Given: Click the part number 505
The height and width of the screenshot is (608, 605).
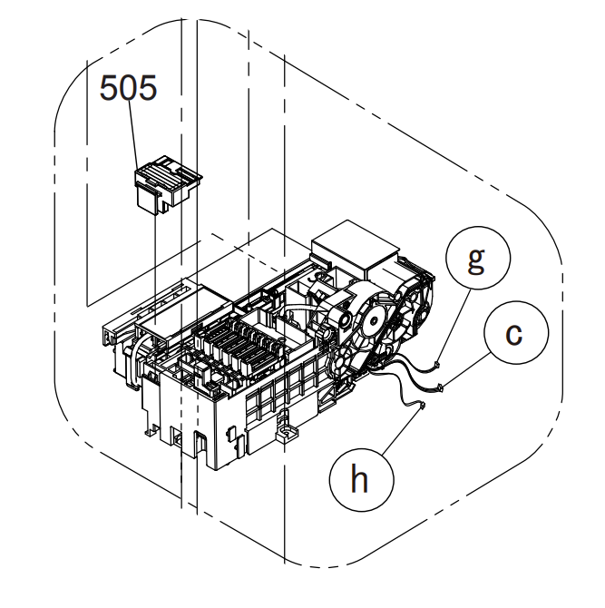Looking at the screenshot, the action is pos(128,88).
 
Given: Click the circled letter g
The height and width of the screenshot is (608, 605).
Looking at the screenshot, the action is pos(478,258).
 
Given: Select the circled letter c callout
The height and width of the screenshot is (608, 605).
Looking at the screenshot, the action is pos(516,333).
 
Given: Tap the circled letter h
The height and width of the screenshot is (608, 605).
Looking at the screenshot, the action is pos(361,480).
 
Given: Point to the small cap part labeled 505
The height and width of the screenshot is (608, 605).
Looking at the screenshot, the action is pos(168,185).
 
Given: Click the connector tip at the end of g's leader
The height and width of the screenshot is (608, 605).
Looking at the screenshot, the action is pos(437,364).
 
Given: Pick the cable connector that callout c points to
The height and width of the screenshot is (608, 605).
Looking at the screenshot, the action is pos(440,387).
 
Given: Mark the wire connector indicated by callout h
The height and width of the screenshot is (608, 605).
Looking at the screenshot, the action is pos(422,406).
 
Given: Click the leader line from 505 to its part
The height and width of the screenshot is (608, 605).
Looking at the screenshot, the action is pos(133,136).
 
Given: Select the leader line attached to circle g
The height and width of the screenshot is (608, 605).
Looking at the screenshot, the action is pos(454,326).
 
